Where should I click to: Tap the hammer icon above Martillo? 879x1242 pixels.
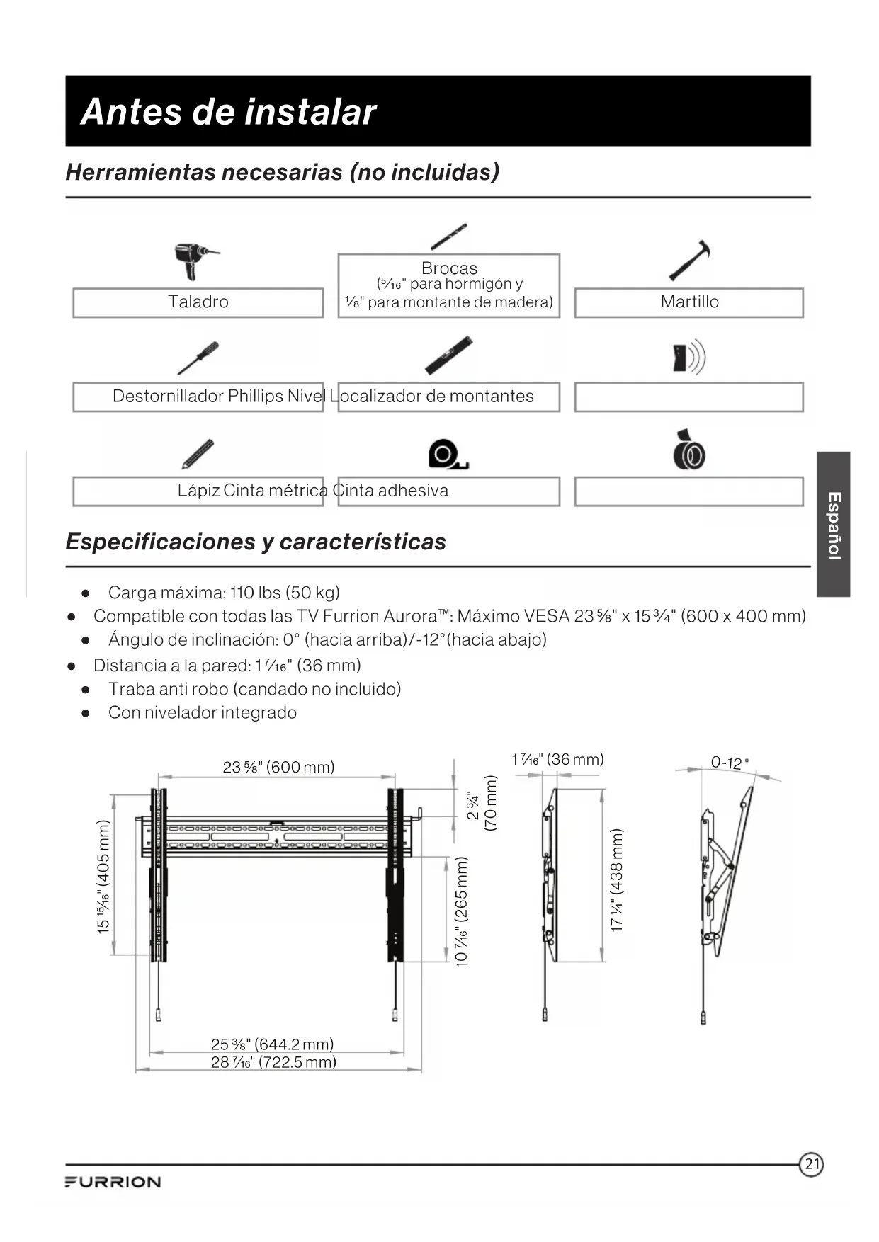(690, 261)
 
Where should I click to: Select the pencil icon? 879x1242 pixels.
(198, 454)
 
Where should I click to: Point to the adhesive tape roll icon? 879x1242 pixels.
(688, 451)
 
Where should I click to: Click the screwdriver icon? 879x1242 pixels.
(198, 358)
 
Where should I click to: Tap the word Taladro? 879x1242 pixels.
(198, 302)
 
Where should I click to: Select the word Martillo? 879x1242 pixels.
(689, 302)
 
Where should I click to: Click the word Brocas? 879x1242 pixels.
(449, 268)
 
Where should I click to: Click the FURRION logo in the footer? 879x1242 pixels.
(113, 1182)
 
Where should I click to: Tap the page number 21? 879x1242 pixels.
(812, 1164)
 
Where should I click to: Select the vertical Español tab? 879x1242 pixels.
(834, 525)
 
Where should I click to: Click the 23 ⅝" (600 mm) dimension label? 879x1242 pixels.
(278, 767)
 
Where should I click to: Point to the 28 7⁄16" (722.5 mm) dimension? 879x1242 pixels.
(273, 1062)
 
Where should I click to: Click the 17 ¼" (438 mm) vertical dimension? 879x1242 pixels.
(617, 880)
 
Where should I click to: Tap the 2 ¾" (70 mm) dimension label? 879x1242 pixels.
(482, 803)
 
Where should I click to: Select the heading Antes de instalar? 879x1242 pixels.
(228, 112)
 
